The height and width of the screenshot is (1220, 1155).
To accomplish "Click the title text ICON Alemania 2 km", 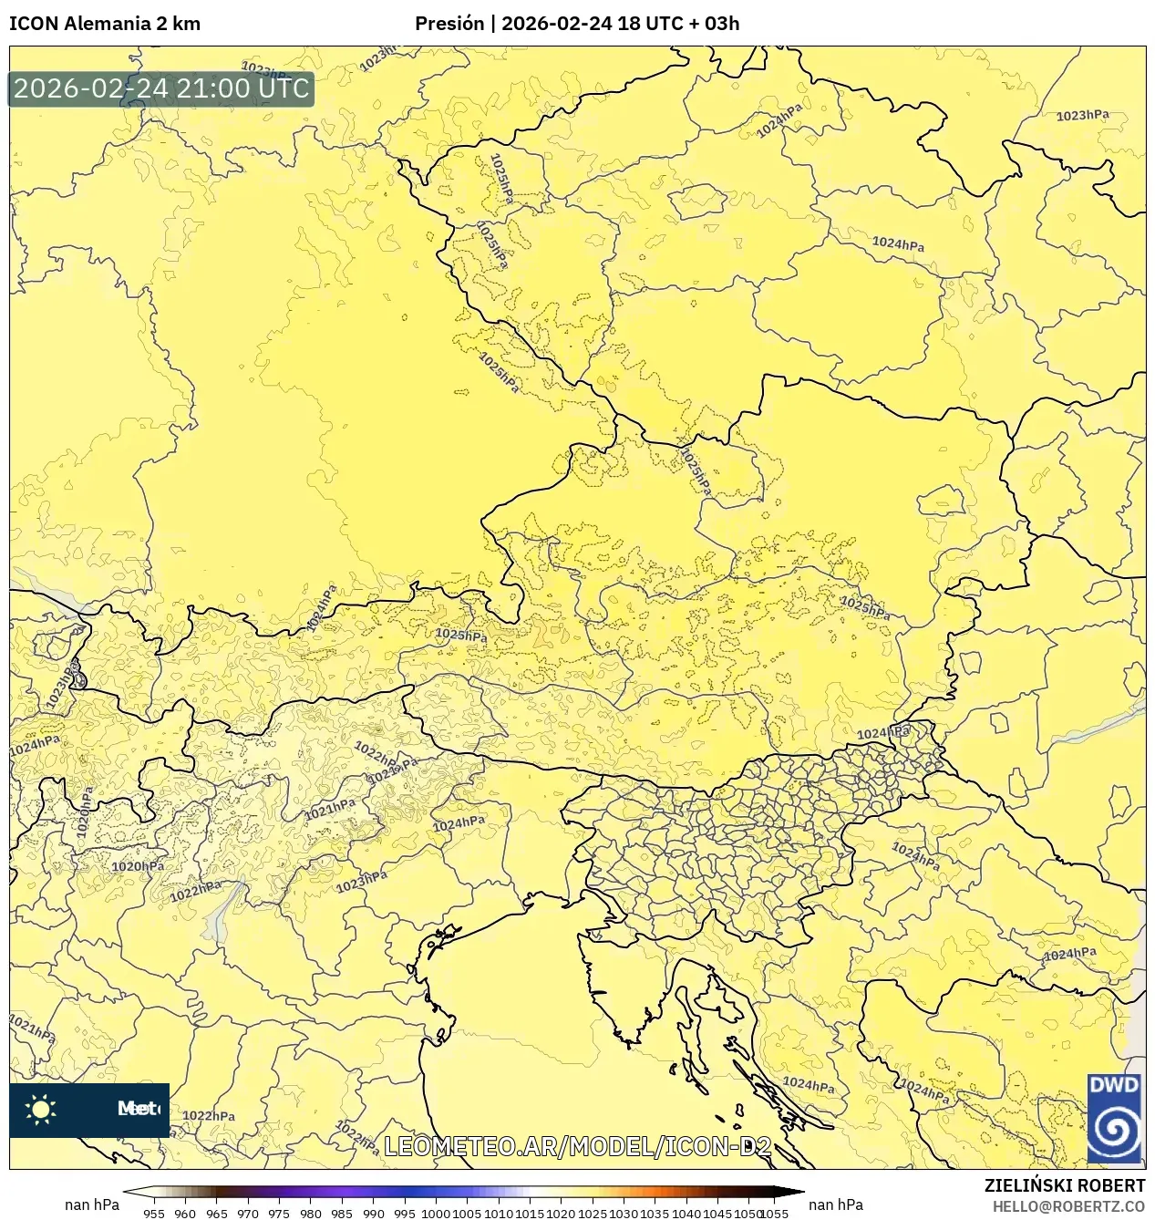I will [x=105, y=24].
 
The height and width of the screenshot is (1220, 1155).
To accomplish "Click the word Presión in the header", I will [x=449, y=24].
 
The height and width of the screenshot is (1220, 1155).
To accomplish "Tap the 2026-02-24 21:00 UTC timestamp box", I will [x=161, y=89].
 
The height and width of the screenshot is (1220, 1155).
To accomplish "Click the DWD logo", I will [x=1114, y=1119].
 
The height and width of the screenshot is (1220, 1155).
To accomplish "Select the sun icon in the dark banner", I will [x=41, y=1110].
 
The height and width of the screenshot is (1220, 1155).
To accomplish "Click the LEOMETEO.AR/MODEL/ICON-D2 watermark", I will [x=578, y=1146].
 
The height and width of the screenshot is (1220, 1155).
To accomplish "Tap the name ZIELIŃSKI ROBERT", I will [x=1064, y=1185].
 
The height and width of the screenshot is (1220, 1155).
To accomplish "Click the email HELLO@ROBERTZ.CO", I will [x=1068, y=1205].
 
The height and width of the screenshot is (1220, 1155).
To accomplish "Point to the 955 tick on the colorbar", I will [x=154, y=1213].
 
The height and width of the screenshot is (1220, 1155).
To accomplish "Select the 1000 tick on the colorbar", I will [x=436, y=1213].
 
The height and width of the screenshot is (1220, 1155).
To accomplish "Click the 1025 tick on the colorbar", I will [x=593, y=1213].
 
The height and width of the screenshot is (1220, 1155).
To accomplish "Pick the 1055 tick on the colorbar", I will [x=774, y=1213].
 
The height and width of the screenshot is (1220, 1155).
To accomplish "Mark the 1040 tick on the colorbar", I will [x=686, y=1213].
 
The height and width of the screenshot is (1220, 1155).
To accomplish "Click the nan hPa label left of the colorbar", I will [x=91, y=1204].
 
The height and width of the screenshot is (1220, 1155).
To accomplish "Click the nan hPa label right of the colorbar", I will [x=835, y=1204].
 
